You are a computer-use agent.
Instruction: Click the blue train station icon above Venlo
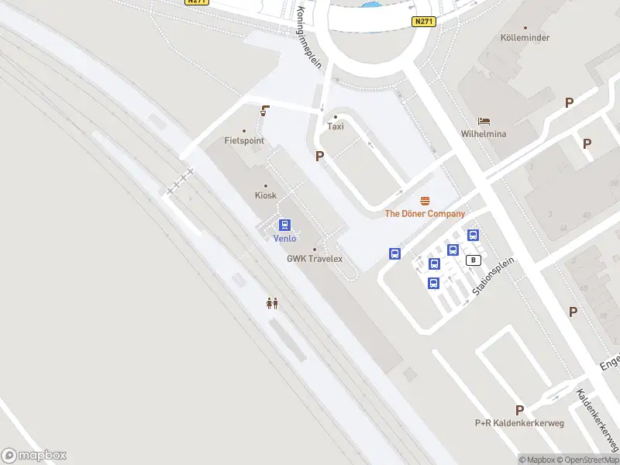coord(285,226)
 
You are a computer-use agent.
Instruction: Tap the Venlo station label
coord(285,239)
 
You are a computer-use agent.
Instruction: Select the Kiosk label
coord(266,195)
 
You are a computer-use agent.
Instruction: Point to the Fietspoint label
coord(244,141)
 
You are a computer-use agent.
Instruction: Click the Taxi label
coord(336,126)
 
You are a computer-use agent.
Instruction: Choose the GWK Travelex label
coord(315,259)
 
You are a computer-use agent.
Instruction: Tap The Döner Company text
coord(425,214)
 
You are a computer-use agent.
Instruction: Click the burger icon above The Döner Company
coord(425,201)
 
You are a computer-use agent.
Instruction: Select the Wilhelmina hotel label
coord(484,134)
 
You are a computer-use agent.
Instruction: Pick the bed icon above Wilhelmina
coord(484,122)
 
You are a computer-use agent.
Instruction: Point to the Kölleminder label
coord(525,38)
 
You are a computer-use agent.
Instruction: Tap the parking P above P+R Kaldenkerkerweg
coord(519,410)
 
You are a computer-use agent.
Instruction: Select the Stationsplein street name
coord(494,276)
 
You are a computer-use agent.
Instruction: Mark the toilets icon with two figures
coord(272,303)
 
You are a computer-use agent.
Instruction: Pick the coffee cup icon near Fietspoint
coord(266,111)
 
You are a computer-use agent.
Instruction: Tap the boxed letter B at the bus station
coord(473,260)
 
